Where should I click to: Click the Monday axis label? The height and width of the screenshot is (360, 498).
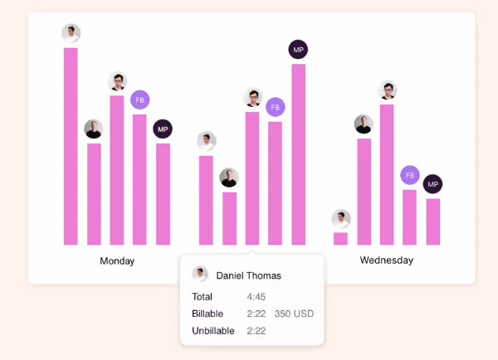click(x=117, y=260)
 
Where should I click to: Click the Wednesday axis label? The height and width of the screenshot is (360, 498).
click(x=386, y=260)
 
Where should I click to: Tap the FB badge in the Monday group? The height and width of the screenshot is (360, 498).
click(x=139, y=100)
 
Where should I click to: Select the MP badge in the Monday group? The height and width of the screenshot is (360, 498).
click(x=163, y=129)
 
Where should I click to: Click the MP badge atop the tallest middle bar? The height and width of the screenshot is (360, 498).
click(x=298, y=49)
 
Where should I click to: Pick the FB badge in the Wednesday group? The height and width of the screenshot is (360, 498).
click(x=410, y=175)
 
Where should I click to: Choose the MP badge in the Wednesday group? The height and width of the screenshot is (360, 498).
click(x=432, y=184)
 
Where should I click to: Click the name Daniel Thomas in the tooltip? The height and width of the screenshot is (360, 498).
click(x=248, y=275)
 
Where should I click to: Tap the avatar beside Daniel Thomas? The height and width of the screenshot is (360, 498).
click(x=200, y=275)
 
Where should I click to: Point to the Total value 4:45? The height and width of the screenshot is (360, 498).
click(x=256, y=296)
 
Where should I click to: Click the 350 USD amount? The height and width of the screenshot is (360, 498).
click(x=295, y=314)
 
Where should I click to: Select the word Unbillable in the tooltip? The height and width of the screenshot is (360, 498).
click(x=213, y=331)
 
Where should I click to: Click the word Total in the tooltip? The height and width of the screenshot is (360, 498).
click(x=203, y=296)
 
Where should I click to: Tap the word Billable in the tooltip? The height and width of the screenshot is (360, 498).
click(x=207, y=314)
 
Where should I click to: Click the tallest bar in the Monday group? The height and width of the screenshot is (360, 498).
click(x=71, y=146)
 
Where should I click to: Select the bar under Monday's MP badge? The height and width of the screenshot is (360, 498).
click(x=163, y=194)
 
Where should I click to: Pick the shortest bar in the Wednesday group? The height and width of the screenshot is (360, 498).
click(x=340, y=238)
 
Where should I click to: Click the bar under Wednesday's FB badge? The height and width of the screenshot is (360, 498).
click(x=410, y=217)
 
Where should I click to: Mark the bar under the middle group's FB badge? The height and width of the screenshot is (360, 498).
click(x=275, y=183)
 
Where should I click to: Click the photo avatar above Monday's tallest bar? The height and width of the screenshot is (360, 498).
click(x=71, y=33)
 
